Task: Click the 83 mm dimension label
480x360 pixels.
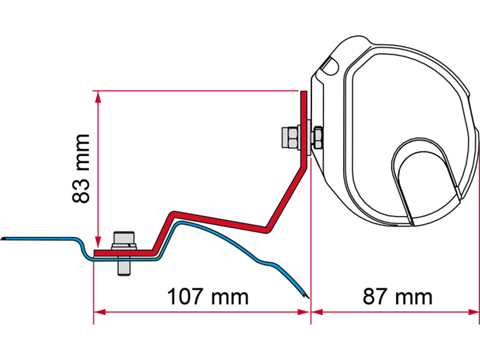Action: pyautogui.click(x=81, y=168)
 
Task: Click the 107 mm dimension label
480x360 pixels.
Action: pyautogui.click(x=208, y=296)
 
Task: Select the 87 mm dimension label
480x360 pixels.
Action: pyautogui.click(x=397, y=296)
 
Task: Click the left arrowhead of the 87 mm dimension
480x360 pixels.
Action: pyautogui.click(x=317, y=312)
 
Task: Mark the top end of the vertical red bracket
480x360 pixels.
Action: pyautogui.click(x=304, y=91)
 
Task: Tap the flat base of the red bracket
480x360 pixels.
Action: pyautogui.click(x=124, y=253)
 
